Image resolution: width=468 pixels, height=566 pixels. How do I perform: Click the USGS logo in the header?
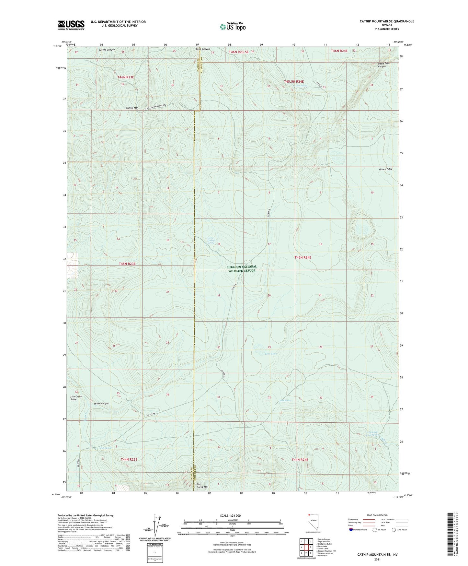pos(71,25)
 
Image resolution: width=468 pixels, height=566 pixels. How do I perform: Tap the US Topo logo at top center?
pos(232,26)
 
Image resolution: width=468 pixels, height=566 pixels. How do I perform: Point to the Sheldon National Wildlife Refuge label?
pos(242,268)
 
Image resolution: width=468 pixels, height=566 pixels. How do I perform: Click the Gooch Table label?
pos(386,169)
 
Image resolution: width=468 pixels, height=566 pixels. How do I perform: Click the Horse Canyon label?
pos(101,403)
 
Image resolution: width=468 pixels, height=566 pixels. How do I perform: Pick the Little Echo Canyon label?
pos(384,65)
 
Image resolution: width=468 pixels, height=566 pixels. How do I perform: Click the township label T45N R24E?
pos(302,257)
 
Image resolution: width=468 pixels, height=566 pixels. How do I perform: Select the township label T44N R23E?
pos(129,459)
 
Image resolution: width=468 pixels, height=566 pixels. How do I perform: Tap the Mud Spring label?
pos(285,400)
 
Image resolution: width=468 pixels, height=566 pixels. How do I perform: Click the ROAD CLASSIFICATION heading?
pos(378,515)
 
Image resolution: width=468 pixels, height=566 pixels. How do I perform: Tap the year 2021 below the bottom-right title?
pos(377,559)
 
